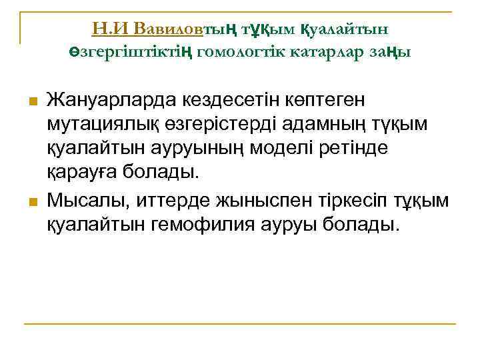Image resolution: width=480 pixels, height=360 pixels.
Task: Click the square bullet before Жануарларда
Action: tap(30, 101)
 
